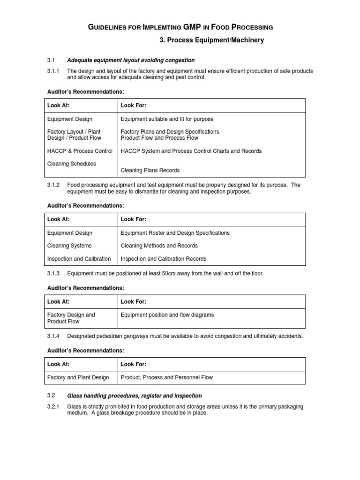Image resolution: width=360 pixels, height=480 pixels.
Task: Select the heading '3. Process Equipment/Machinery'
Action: pyautogui.click(x=212, y=40)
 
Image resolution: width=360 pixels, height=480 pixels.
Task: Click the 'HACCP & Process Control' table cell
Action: pyautogui.click(x=80, y=151)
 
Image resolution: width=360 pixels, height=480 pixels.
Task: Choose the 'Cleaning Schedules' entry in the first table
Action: pyautogui.click(x=71, y=164)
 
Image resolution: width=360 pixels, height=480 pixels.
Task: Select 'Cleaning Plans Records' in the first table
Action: pyautogui.click(x=150, y=170)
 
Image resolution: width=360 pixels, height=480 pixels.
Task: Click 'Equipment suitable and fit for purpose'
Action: pyautogui.click(x=167, y=119)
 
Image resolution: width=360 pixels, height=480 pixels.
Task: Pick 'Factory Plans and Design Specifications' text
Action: pyautogui.click(x=170, y=132)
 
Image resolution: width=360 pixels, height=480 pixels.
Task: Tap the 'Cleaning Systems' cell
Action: pyautogui.click(x=69, y=246)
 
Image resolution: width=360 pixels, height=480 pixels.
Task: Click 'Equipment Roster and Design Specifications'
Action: pyautogui.click(x=175, y=233)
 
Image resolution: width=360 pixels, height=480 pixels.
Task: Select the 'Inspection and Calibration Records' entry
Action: pyautogui.click(x=164, y=259)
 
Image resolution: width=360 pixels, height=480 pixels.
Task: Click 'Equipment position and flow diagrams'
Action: pyautogui.click(x=167, y=315)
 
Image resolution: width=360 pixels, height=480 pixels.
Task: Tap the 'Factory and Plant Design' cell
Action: pyautogui.click(x=78, y=377)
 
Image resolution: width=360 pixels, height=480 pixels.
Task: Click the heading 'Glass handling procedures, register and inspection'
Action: pyautogui.click(x=135, y=396)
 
